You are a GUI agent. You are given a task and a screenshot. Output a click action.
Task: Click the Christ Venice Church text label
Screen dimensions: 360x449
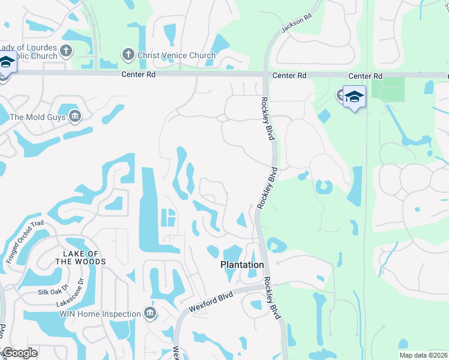point(176,56)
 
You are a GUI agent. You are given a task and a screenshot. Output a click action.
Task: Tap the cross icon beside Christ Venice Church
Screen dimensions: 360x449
point(127,55)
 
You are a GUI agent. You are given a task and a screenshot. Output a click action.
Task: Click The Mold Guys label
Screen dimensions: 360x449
point(37,118)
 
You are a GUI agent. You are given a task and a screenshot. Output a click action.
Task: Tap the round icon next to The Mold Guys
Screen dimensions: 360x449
point(75,116)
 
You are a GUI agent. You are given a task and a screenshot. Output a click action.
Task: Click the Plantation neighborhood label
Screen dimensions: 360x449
point(242,265)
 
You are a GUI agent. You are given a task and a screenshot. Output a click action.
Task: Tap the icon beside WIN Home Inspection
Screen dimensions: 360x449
point(150,313)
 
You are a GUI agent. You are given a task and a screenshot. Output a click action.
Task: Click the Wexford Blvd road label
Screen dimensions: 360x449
point(211,301)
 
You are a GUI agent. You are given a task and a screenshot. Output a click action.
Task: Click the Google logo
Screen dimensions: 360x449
point(20,353)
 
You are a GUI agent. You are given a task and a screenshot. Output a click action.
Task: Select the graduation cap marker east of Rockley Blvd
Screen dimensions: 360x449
point(354,97)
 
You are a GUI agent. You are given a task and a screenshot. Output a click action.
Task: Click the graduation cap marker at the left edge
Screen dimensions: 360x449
point(6,62)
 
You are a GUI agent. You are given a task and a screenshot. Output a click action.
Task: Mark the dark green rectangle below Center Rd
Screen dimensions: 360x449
point(388,89)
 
